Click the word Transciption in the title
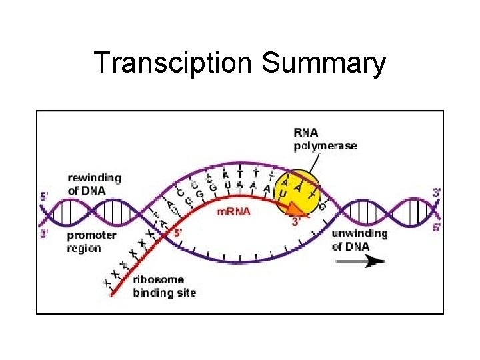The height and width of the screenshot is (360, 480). (173, 63)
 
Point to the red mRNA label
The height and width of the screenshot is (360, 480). (234, 211)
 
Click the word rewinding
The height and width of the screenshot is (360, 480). (94, 178)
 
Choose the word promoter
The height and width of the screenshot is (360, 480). (92, 235)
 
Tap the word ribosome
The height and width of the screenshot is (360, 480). (158, 280)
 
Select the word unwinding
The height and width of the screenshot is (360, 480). (359, 234)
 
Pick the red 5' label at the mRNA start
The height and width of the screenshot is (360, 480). (177, 233)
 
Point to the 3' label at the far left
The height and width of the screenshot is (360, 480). (45, 233)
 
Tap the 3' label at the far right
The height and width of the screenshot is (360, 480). (437, 192)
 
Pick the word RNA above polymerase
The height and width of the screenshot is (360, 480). (307, 133)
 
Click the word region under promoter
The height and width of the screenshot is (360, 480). (84, 248)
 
